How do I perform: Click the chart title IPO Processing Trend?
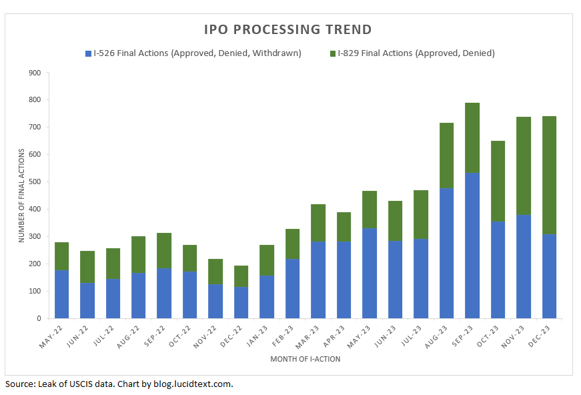287,30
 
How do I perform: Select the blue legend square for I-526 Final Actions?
88,53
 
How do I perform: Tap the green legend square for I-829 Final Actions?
332,53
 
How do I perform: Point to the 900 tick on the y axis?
34,73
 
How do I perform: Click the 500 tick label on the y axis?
34,182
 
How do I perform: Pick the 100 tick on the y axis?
34,292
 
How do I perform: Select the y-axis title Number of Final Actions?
21,195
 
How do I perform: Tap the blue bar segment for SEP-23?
473,246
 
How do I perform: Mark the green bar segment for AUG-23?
447,155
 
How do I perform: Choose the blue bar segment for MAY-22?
62,294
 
